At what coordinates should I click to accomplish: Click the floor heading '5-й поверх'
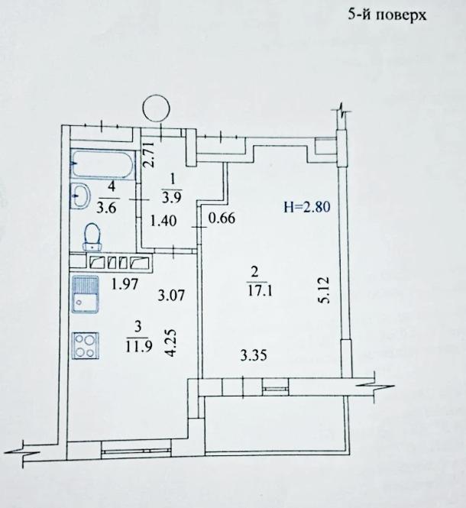(x=387, y=15)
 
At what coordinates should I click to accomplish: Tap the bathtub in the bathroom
(x=102, y=164)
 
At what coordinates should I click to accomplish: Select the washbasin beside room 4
(x=79, y=196)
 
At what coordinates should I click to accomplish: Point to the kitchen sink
(x=85, y=294)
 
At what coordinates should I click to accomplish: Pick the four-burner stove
(x=85, y=346)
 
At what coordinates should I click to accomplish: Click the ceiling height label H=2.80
(x=307, y=206)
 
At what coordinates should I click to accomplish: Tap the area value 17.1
(x=260, y=290)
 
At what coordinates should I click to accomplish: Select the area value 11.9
(x=138, y=346)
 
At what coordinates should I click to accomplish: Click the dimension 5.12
(x=324, y=290)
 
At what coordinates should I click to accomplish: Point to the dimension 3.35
(x=254, y=355)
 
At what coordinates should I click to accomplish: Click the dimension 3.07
(x=171, y=295)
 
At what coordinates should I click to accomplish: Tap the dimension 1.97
(x=125, y=284)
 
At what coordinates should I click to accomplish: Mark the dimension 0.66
(x=222, y=218)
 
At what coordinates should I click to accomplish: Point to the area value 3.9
(x=172, y=196)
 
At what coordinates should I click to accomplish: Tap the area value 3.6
(x=106, y=207)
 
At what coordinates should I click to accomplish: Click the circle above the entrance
(x=156, y=108)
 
